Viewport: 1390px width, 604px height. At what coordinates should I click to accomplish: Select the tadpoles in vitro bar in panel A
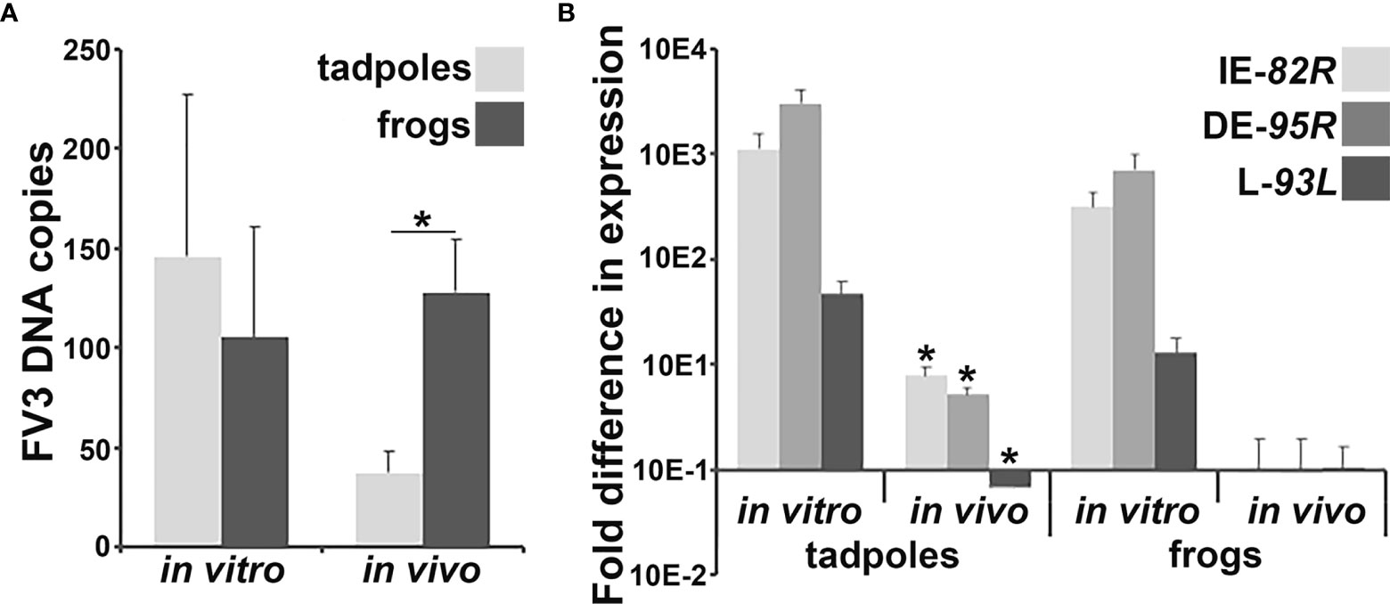coord(187,401)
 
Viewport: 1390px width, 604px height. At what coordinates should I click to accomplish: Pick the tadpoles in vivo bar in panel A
coord(388,509)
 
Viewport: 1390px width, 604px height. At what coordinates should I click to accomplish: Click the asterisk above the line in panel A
coord(421,218)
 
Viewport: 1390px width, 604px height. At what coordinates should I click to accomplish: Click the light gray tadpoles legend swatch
coord(500,69)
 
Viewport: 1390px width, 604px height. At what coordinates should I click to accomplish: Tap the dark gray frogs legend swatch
coord(500,124)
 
